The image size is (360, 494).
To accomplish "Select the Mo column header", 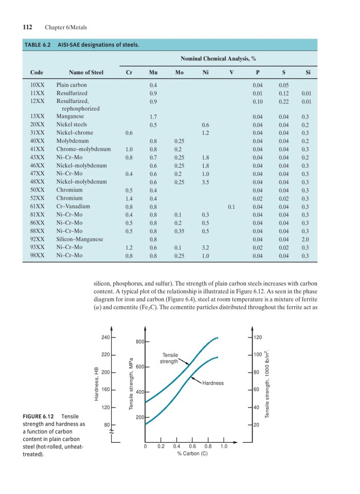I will point(179,72).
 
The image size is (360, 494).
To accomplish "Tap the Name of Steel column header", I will point(86,72).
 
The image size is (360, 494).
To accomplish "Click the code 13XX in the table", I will point(37,117).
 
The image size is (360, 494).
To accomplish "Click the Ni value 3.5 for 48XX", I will point(206,181).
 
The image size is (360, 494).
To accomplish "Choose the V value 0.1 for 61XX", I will point(231,207).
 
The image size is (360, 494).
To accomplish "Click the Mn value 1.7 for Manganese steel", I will point(153,117).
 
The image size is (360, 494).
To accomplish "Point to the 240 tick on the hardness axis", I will point(105,337).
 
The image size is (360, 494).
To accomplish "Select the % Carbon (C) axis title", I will point(192,454).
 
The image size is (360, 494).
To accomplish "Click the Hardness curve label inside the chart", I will point(213,383).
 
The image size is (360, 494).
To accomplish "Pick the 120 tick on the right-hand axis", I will point(258,337).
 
